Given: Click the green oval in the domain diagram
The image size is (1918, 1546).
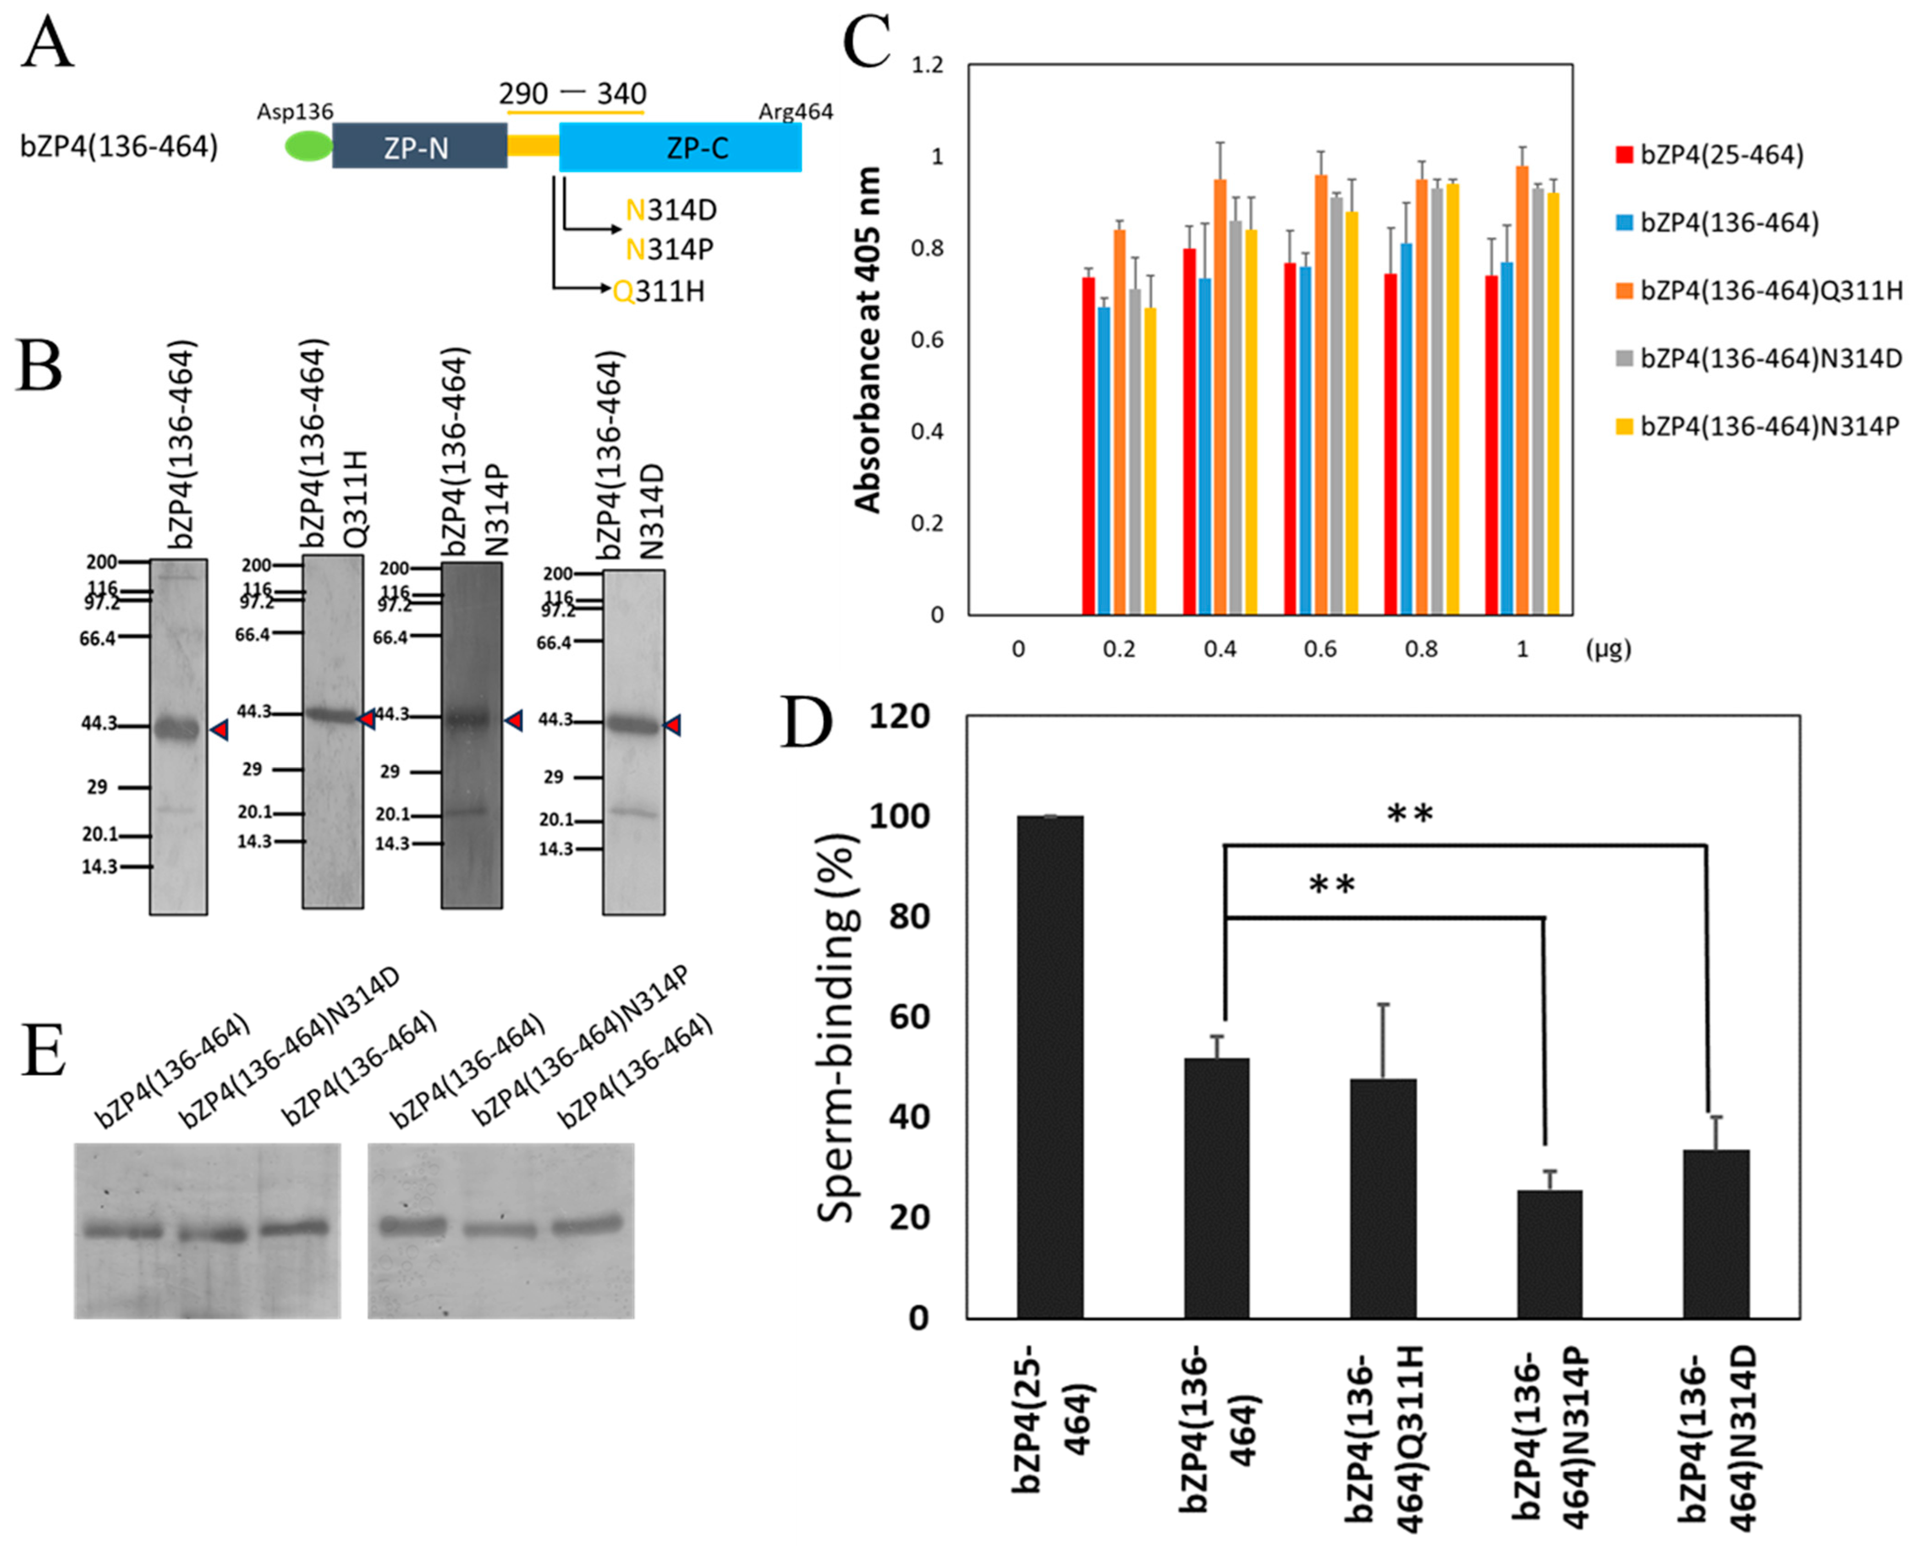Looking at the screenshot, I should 308,147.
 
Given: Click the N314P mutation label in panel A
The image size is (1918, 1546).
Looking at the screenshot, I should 670,249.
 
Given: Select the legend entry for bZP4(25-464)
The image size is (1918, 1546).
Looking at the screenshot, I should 1710,155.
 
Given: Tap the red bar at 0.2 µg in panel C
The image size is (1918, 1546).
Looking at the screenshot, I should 1088,445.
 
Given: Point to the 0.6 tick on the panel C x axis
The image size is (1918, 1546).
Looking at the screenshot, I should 1320,649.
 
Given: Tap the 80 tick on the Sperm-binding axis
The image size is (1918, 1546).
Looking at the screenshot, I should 909,916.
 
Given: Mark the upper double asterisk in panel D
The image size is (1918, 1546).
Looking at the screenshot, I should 1410,814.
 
